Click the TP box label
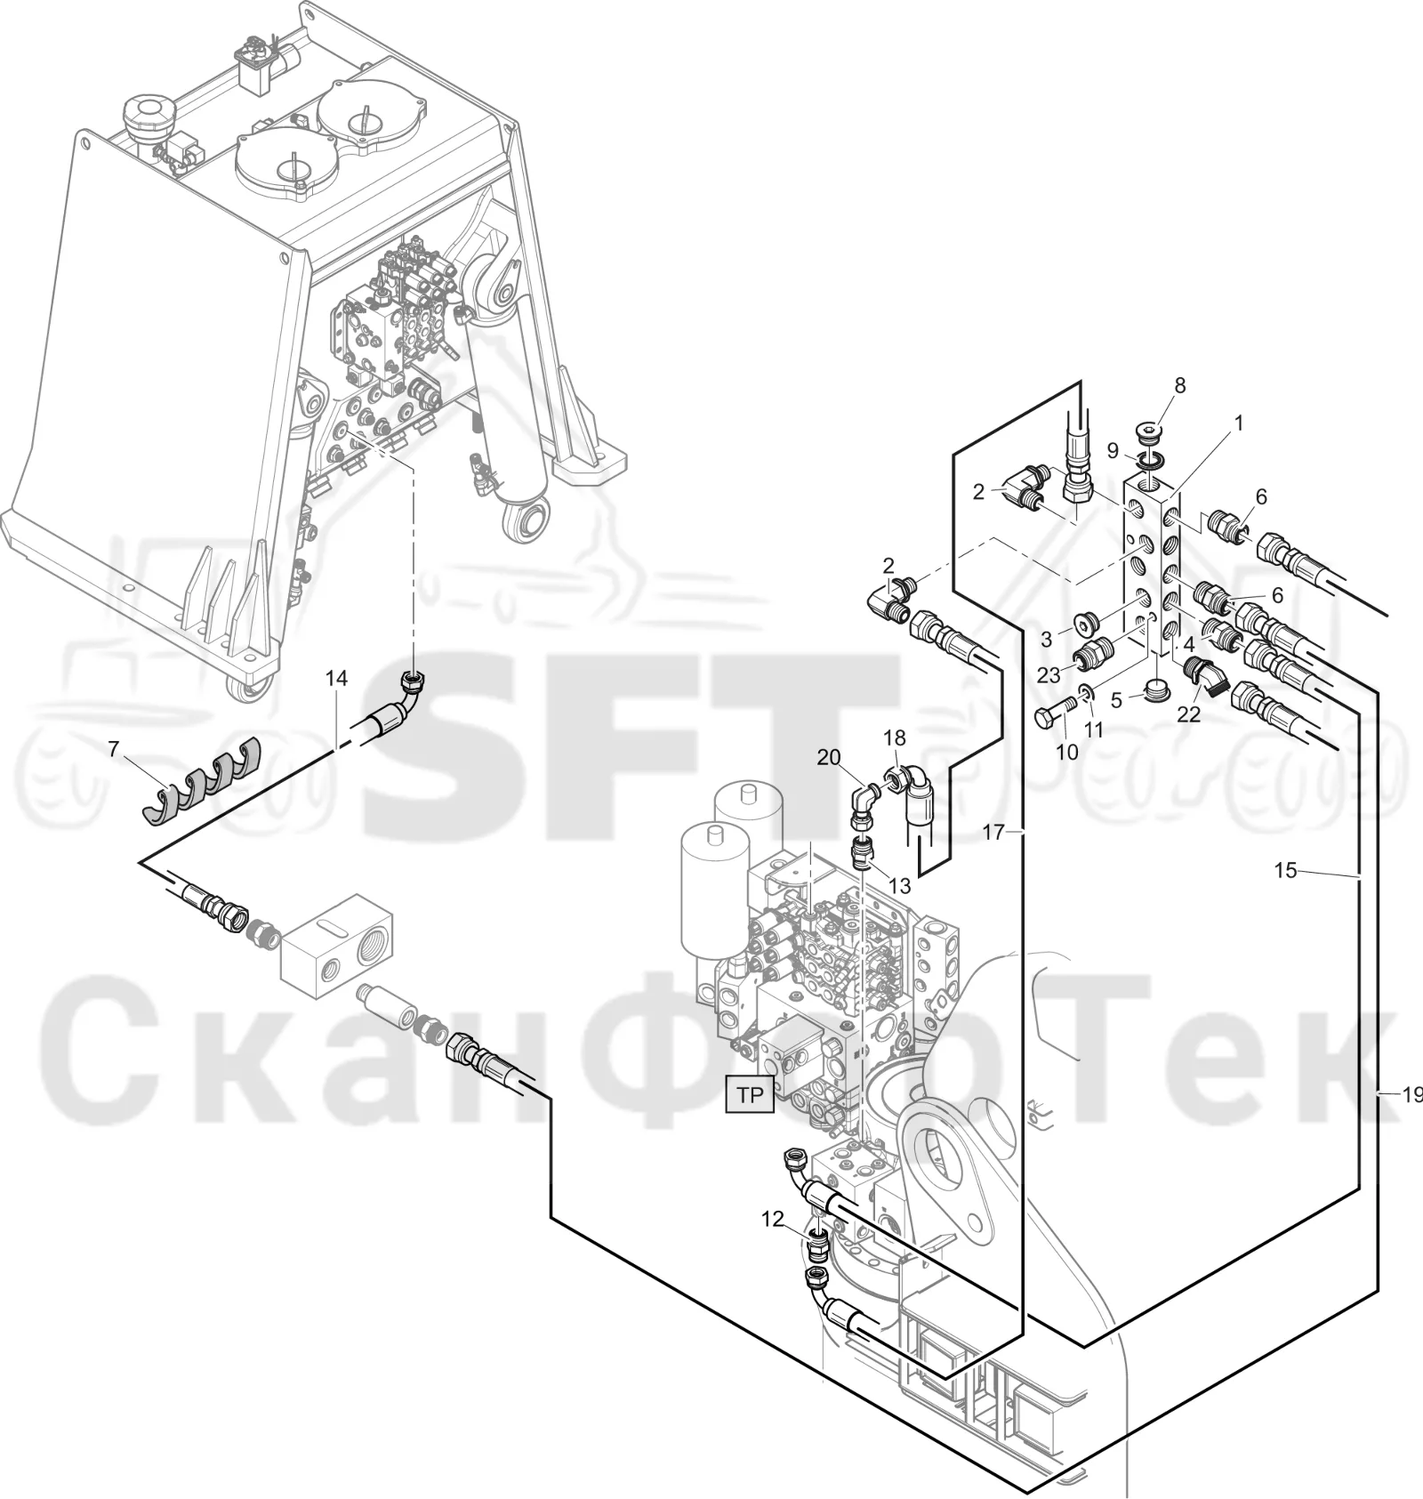750,1095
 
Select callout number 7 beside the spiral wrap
113,749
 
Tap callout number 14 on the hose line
336,679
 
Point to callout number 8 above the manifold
1180,385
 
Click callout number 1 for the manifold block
1238,423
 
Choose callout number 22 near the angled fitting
1189,713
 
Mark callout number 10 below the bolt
1066,752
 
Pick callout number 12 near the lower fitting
773,1219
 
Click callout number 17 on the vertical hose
993,832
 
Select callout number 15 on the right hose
1286,870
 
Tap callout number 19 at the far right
1411,1095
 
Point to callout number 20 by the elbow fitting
829,757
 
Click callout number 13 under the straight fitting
900,886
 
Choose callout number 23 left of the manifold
1049,675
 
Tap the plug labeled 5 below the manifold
1155,689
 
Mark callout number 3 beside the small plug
1047,638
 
